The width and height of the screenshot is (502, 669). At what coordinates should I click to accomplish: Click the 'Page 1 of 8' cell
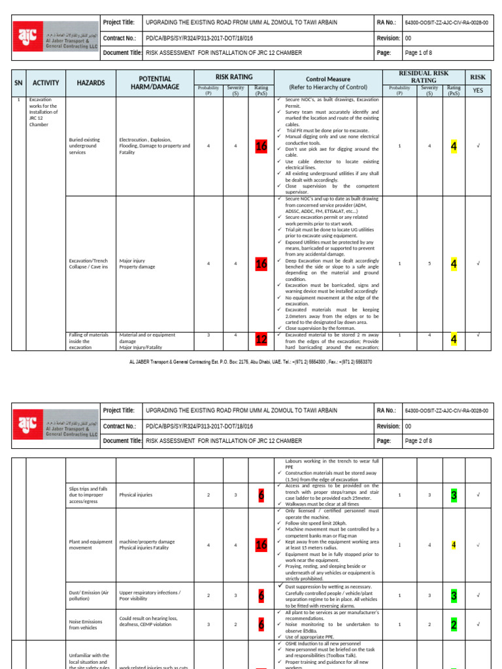coord(423,53)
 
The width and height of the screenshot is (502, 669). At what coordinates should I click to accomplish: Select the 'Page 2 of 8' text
coord(423,441)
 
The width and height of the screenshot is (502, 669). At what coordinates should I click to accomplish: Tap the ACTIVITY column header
coord(46,83)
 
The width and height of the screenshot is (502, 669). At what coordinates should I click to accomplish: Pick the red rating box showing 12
coord(261,340)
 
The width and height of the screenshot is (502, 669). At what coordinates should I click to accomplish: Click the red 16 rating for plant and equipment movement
coord(261,545)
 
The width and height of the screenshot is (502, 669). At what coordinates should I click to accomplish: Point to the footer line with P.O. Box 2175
coord(250,361)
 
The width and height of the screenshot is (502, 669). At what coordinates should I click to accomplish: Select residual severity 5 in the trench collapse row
coord(429,264)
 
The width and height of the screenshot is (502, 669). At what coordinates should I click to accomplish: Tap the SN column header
coord(19,83)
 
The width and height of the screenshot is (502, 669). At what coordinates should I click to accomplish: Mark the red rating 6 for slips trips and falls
coord(261,495)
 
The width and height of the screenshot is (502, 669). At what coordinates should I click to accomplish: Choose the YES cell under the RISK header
coord(478,90)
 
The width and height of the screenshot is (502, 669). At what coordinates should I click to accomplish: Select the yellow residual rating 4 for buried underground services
coord(454,146)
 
